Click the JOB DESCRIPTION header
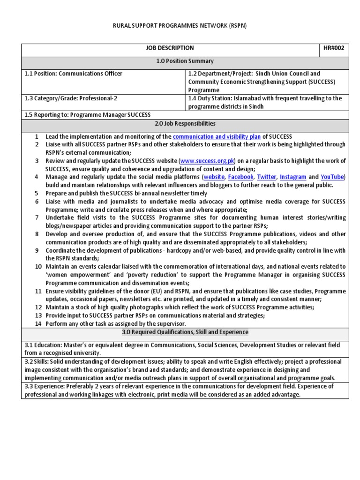[x=170, y=48]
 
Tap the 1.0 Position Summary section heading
[x=185, y=61]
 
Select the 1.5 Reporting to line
[x=88, y=115]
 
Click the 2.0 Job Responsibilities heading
[x=185, y=124]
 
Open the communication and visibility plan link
[x=217, y=136]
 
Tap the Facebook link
[x=240, y=177]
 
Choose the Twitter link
[x=266, y=177]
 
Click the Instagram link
[x=293, y=177]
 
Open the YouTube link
[x=332, y=177]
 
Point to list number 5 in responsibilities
[x=37, y=193]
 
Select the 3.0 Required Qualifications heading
[x=185, y=332]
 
